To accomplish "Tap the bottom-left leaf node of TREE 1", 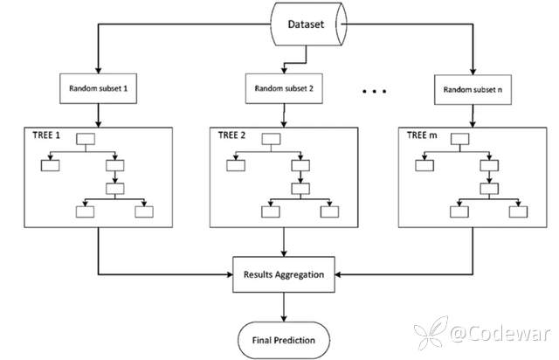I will [x=85, y=211].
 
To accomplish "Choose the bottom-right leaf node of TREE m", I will [x=519, y=211].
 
